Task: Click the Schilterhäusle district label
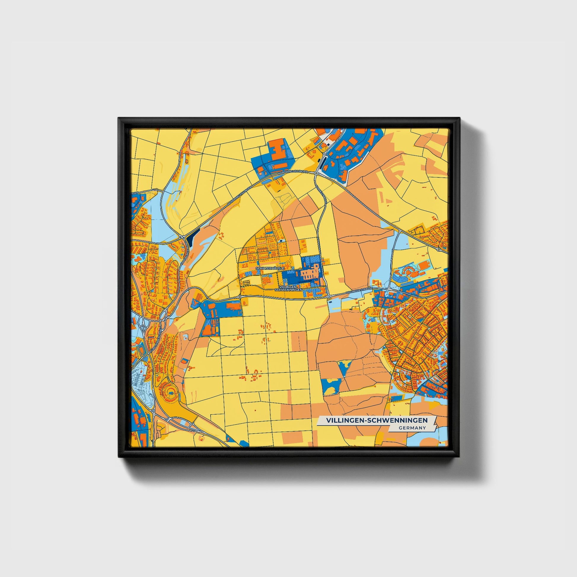tap(270, 269)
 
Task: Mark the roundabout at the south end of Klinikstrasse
tap(329, 297)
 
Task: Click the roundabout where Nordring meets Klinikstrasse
tap(316, 173)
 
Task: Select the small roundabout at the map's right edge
tap(438, 249)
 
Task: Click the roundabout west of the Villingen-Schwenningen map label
tap(240, 297)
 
